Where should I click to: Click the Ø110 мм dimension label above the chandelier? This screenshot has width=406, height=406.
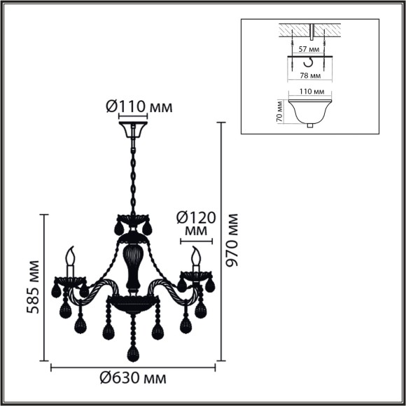139,106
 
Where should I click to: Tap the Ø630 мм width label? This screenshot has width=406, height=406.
133,379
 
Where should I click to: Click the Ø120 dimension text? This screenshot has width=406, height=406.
196,217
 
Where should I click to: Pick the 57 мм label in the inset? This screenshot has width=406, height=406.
309,50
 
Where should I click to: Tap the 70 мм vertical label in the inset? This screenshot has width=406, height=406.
279,111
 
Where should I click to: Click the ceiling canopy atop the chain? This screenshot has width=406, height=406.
132,131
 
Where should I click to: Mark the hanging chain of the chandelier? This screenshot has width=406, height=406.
132,175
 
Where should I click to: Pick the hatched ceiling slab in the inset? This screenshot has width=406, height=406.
309,31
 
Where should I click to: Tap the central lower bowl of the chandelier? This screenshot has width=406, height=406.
132,303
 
